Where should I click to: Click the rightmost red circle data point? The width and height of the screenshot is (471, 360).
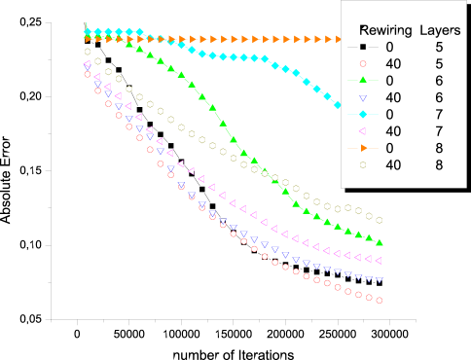(x=380, y=300)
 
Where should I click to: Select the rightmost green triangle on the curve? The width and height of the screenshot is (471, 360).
(x=380, y=242)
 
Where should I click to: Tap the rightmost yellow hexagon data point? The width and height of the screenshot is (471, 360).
(x=380, y=220)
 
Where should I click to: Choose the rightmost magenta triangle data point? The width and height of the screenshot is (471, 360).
(x=380, y=261)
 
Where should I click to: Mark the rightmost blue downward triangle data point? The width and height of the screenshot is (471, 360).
(x=380, y=280)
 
